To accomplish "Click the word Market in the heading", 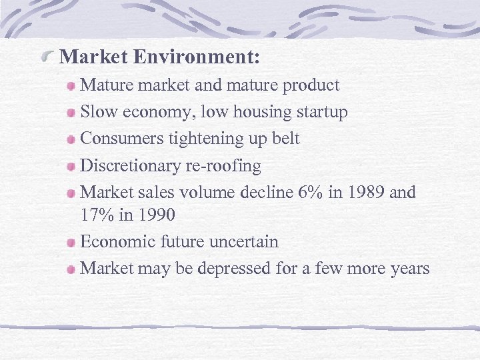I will (x=93, y=57).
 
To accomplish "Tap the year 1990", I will (x=154, y=215).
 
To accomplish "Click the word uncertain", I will (x=244, y=241).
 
